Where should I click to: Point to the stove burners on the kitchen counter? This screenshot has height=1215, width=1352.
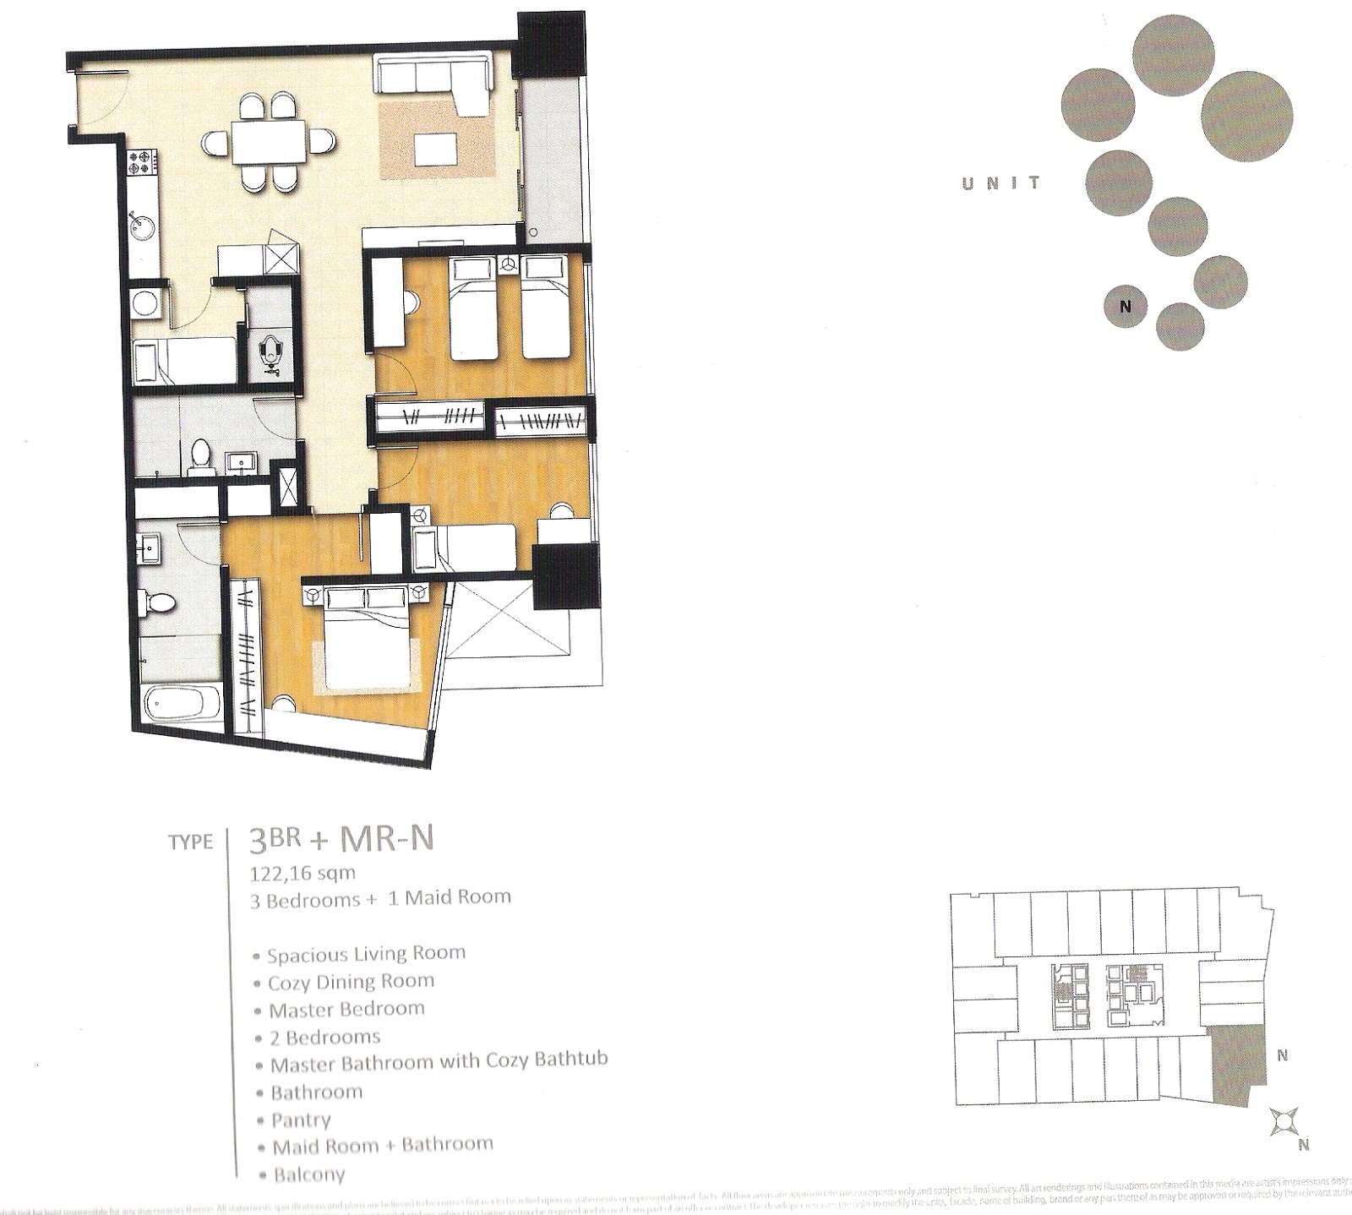click(143, 163)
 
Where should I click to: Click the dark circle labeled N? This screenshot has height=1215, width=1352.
click(1125, 307)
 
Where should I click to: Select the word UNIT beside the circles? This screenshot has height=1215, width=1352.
click(1001, 183)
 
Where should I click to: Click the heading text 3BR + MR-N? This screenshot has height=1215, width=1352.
click(341, 840)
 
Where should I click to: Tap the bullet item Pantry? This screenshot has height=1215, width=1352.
click(300, 1120)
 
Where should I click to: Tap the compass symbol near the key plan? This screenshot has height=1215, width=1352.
click(1283, 1121)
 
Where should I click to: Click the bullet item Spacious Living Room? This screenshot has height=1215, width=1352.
click(366, 954)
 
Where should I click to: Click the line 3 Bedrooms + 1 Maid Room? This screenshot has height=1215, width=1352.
click(380, 898)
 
